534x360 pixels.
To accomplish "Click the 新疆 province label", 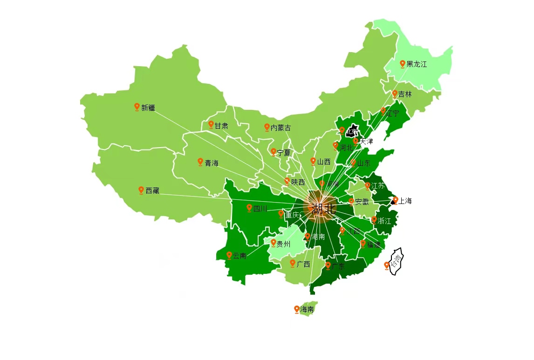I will coord(148,108).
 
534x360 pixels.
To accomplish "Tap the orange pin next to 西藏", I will coord(141,190).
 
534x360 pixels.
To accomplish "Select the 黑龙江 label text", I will coord(416,64).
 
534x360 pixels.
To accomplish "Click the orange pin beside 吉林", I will coord(395,93).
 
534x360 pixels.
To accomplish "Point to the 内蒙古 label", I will coord(281,128).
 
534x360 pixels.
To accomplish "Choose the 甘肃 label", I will coord(221,126).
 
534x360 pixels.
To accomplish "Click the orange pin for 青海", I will coord(200,162).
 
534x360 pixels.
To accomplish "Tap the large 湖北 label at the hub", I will coord(323,208).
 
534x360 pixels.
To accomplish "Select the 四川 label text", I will coord(260,209).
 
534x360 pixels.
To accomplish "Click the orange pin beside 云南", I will coord(229,255).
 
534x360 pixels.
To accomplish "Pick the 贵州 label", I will coord(283,244).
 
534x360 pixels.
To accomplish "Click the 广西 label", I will coord(303,264).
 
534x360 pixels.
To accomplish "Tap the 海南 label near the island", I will coord(307,309).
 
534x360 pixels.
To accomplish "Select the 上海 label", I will coord(405,201).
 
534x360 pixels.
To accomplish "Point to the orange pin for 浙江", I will coord(374,219).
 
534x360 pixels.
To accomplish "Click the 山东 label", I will coord(363,163).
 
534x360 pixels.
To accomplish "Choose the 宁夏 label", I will coord(283,153).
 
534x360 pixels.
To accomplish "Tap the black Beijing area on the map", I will coord(355,130).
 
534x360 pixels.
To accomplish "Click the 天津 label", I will coord(366,141).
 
